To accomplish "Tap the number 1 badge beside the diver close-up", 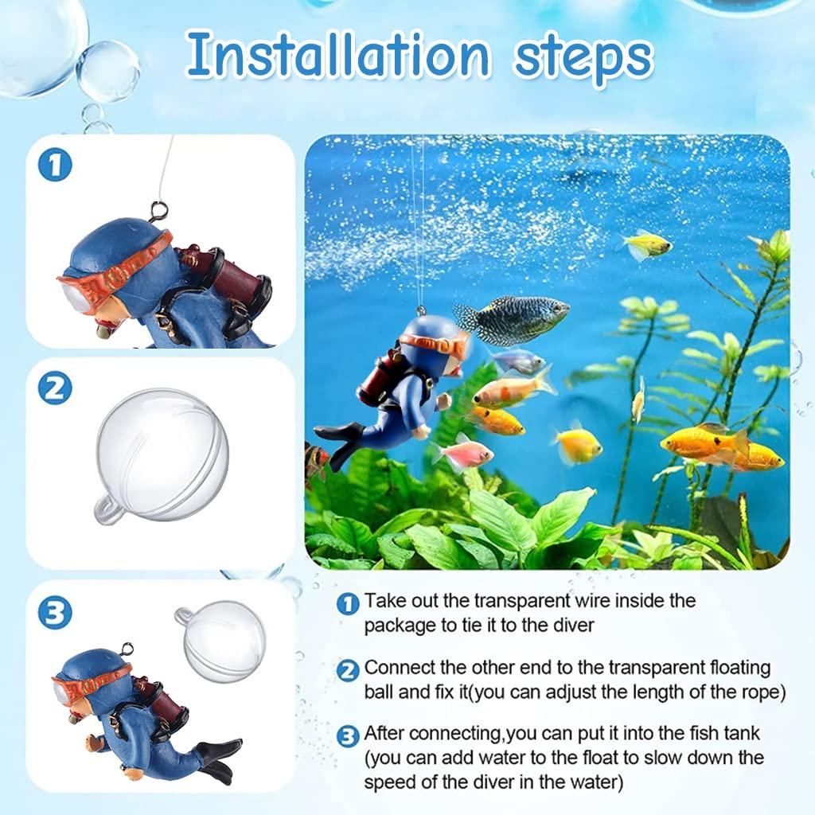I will pos(55,166).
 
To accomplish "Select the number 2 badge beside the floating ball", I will pos(55,388).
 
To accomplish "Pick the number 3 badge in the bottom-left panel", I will pos(55,613).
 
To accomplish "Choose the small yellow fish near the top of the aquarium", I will pos(648,245).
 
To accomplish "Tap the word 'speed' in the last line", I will pos(390,782).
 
